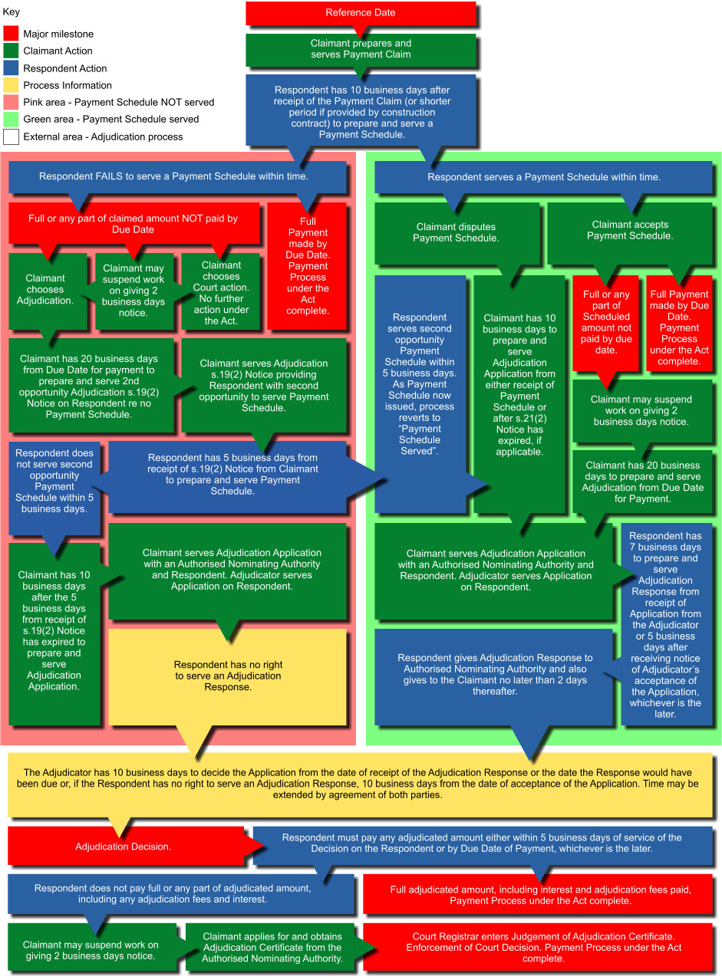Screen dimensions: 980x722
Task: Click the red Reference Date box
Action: pyautogui.click(x=361, y=13)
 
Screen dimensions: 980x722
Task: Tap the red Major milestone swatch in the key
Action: pyautogui.click(x=11, y=34)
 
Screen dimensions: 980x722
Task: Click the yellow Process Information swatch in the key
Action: pyautogui.click(x=11, y=85)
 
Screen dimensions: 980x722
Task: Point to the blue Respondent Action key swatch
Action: pyautogui.click(x=11, y=68)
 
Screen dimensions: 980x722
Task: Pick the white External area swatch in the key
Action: pyautogui.click(x=11, y=136)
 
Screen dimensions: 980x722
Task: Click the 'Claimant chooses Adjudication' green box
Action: pyautogui.click(x=45, y=290)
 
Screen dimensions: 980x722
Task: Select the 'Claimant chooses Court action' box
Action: pyautogui.click(x=221, y=292)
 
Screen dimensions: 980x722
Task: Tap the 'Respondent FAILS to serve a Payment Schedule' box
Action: pyautogui.click(x=173, y=176)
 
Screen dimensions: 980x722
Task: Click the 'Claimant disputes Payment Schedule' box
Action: pyautogui.click(x=456, y=232)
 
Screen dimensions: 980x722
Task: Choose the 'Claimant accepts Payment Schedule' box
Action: pyautogui.click(x=630, y=230)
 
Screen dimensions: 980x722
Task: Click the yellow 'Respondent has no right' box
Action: pyautogui.click(x=227, y=676)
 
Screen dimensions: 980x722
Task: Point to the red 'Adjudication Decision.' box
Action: pyautogui.click(x=123, y=847)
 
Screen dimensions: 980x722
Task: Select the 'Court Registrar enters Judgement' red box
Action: pyautogui.click(x=543, y=947)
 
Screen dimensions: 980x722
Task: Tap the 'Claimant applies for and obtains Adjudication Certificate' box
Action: pyautogui.click(x=273, y=947)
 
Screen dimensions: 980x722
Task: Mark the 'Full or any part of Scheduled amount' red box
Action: pyautogui.click(x=605, y=322)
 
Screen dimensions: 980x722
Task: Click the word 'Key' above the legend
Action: pyautogui.click(x=12, y=12)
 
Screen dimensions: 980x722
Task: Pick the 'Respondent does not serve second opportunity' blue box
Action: pyautogui.click(x=54, y=481)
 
